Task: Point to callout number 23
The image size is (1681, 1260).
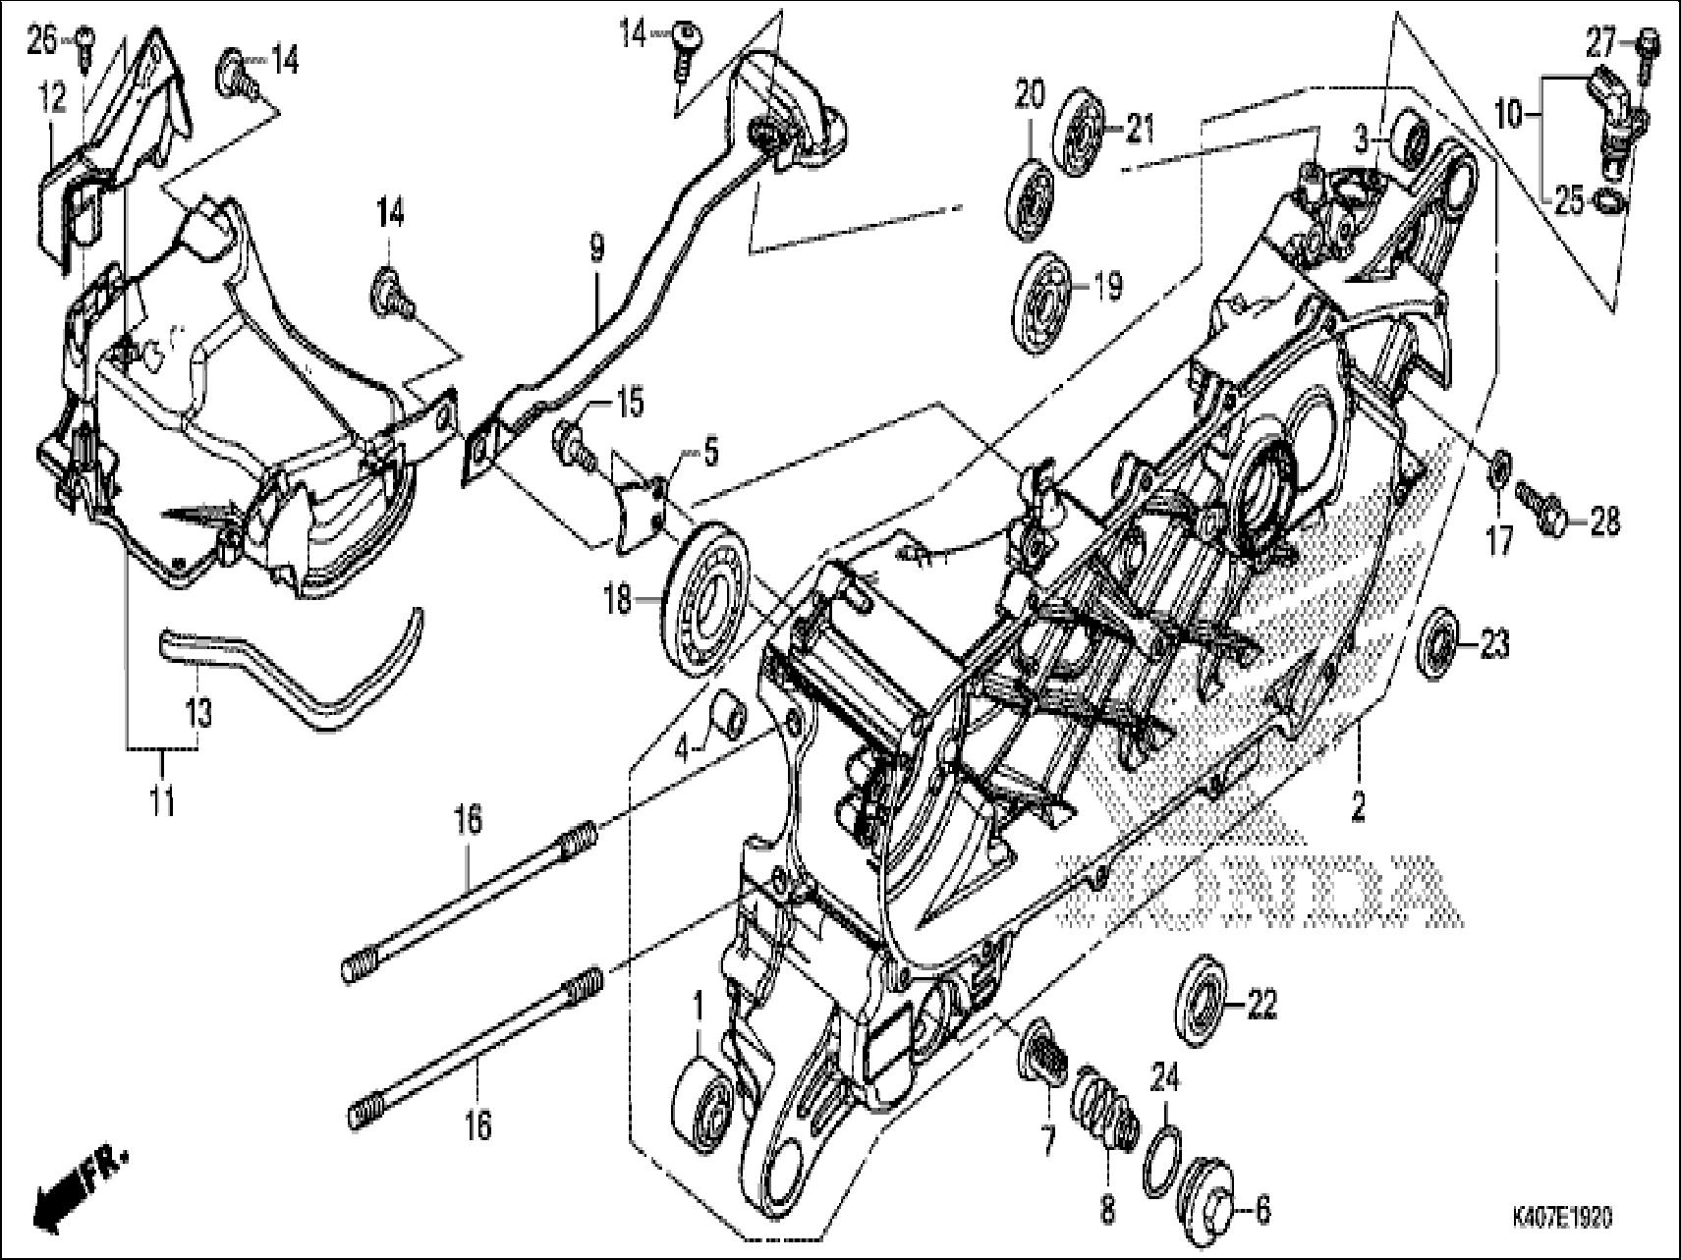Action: click(x=1494, y=645)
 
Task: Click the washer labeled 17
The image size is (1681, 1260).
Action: click(x=1500, y=463)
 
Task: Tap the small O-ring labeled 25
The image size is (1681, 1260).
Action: click(x=1611, y=201)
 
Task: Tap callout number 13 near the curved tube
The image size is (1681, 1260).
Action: click(x=199, y=713)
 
